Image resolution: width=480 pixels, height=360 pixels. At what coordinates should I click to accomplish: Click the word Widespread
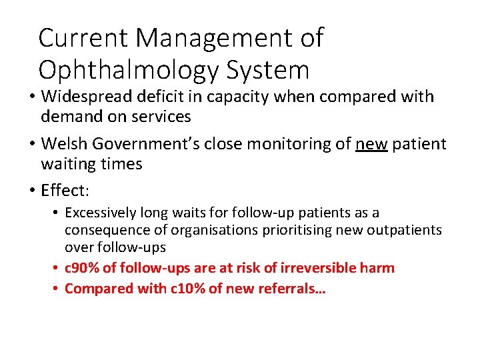[85, 97]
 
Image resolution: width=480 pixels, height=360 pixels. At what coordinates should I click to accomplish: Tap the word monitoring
[283, 144]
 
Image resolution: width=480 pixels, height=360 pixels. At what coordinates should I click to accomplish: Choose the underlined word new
[372, 144]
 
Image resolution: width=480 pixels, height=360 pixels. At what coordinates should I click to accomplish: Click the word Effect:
[65, 191]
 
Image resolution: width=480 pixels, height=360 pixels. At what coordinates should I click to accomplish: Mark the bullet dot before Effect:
[32, 191]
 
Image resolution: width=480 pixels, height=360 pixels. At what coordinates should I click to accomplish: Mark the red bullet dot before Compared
[57, 289]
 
